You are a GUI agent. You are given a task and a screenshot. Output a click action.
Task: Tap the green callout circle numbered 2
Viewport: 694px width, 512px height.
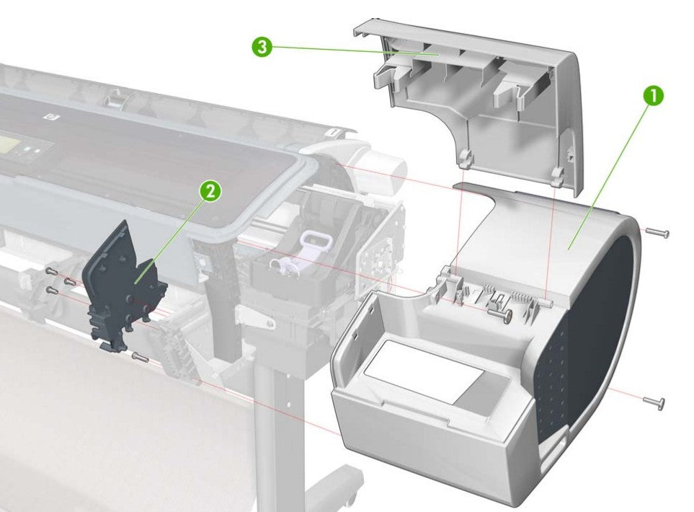(x=209, y=191)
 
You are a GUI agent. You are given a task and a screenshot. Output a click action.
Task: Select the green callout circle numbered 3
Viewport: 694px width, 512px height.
(x=262, y=48)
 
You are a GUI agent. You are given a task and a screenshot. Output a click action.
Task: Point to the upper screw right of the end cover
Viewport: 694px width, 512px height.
(x=657, y=233)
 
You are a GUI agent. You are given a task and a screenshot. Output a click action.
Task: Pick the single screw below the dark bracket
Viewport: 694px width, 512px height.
(x=141, y=356)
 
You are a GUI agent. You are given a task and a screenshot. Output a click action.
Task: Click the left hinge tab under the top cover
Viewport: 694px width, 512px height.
(x=466, y=154)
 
